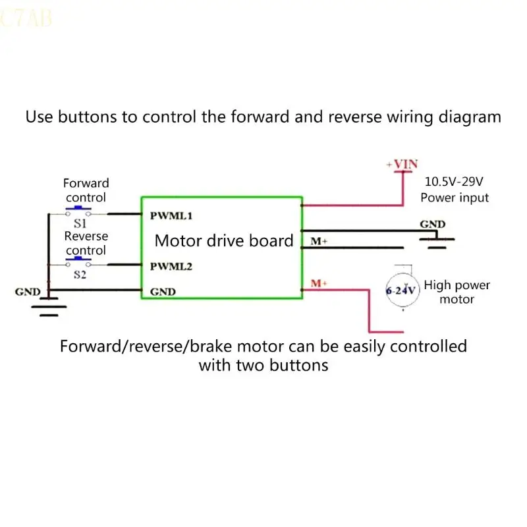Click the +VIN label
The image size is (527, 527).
(x=402, y=164)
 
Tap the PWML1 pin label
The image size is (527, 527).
(x=171, y=215)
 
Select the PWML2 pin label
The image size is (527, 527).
(x=171, y=267)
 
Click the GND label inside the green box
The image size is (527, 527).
(x=163, y=291)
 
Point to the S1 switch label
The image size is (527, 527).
(x=80, y=224)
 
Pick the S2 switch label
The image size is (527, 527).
(x=80, y=275)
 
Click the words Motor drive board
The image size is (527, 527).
(x=224, y=240)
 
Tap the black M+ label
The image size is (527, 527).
(x=319, y=242)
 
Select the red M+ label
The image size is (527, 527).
(x=319, y=283)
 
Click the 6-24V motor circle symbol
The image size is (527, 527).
(x=402, y=290)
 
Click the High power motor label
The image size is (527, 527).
(x=457, y=292)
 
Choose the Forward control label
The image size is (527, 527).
(x=86, y=190)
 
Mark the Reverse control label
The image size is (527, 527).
(x=86, y=242)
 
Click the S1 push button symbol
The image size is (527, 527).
(x=78, y=212)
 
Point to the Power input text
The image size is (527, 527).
(x=455, y=198)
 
